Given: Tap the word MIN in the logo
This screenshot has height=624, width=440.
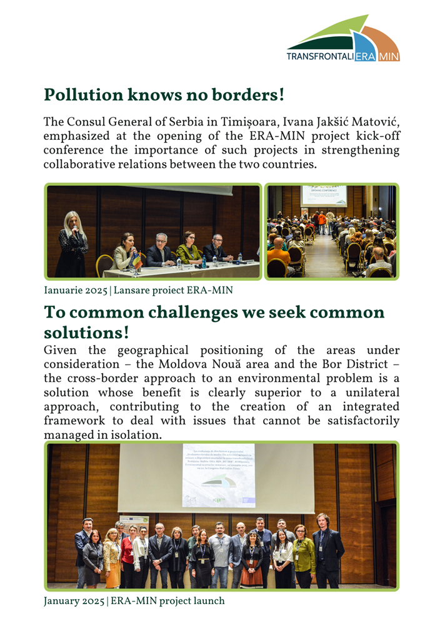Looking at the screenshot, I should (389, 56).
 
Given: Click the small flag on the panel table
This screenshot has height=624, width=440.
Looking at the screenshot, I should (136, 260).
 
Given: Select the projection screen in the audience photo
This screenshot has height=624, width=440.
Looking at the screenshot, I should (323, 195).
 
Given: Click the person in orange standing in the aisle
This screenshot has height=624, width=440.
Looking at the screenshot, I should (322, 222).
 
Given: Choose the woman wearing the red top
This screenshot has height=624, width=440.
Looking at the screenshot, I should (127, 552).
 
